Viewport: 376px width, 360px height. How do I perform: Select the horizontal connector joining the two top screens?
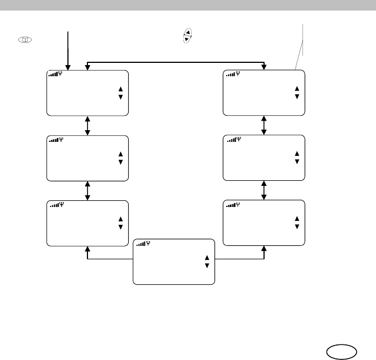point(175,63)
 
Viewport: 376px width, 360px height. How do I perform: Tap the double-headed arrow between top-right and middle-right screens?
point(263,125)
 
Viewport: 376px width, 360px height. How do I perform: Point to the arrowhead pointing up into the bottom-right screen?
point(263,249)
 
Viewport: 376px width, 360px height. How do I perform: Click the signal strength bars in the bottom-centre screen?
point(141,243)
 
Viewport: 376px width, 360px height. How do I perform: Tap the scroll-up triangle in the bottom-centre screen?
point(207,258)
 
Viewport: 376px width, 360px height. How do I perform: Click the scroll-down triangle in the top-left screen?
point(120,97)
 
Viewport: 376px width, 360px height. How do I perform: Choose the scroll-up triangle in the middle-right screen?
point(297,153)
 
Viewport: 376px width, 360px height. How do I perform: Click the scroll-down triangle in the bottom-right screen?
point(297,226)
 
